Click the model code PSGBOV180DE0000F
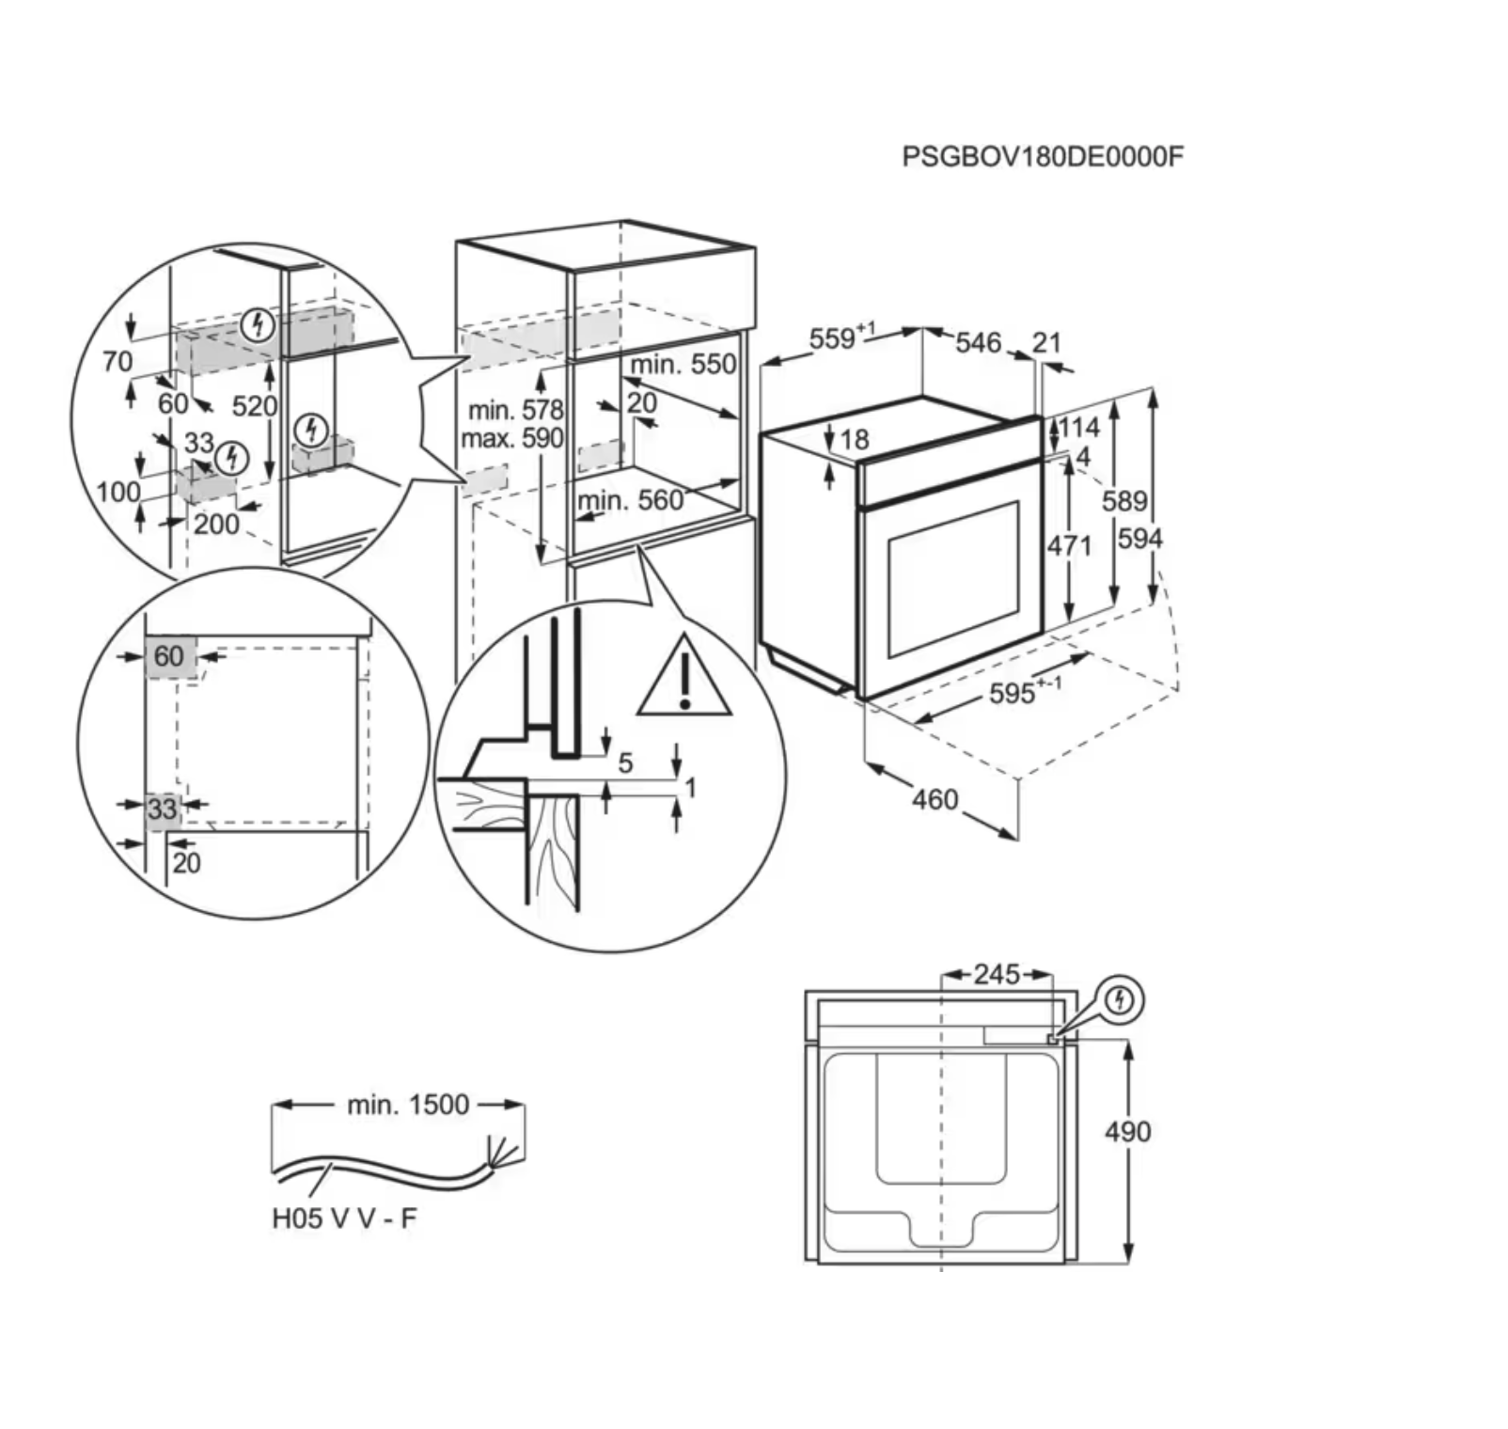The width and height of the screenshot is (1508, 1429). click(x=1042, y=155)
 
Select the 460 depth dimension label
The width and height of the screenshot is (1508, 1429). click(x=935, y=800)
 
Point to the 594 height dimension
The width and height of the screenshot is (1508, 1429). click(x=1139, y=539)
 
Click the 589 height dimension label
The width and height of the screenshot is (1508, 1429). click(x=1124, y=501)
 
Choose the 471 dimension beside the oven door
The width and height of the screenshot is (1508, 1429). click(x=1070, y=545)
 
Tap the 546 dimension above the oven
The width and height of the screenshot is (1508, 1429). click(x=978, y=342)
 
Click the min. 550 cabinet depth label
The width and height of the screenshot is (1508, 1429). click(x=683, y=364)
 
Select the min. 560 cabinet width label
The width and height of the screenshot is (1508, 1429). click(x=631, y=500)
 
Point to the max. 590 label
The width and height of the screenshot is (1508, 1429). click(x=511, y=438)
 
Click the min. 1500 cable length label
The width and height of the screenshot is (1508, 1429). click(x=408, y=1104)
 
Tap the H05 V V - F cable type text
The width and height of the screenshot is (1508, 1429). click(x=344, y=1218)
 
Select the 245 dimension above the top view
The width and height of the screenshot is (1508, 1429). click(x=997, y=974)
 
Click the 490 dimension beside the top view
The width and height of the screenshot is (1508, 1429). click(x=1127, y=1131)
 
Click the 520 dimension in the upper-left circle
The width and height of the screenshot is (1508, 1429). click(x=254, y=406)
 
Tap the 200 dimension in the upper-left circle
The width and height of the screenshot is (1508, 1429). click(x=216, y=524)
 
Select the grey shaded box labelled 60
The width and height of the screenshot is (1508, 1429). click(x=170, y=655)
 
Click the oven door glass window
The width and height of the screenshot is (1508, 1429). click(x=953, y=579)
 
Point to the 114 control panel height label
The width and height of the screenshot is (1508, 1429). click(x=1080, y=428)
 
